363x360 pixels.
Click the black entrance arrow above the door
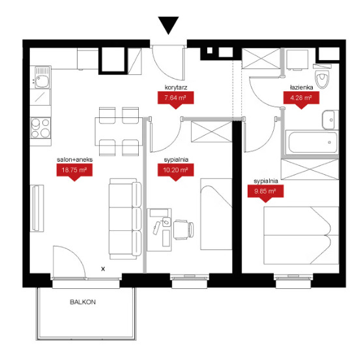point(168,24)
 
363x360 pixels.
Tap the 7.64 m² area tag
point(175,100)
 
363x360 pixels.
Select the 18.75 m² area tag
point(74,172)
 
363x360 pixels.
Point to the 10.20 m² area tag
point(175,172)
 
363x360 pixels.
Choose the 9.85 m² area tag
point(265,194)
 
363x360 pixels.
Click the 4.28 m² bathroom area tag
point(301,100)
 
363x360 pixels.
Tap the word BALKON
point(83,302)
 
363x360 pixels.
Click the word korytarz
point(176,87)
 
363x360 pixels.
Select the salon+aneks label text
point(74,160)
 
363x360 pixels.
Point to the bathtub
point(312,142)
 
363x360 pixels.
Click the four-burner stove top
point(40,128)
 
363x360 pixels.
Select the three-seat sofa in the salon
point(125,218)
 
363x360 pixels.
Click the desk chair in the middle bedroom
point(184,230)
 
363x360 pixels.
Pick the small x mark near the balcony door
point(103,269)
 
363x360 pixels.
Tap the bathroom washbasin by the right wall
point(330,120)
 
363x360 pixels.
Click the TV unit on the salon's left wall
point(37,208)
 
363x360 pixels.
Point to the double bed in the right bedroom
point(301,235)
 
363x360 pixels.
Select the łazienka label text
point(302,87)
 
